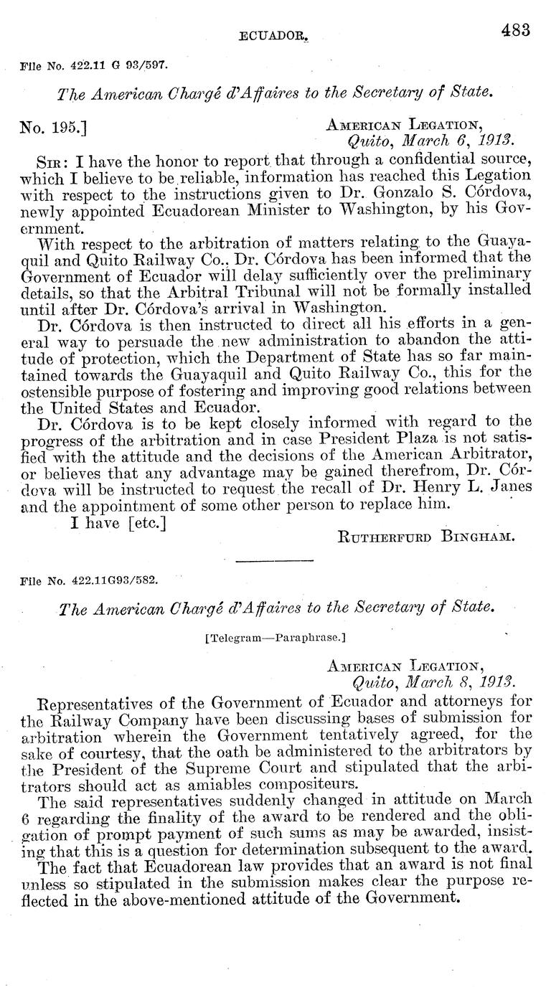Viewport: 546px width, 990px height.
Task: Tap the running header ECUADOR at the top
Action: tap(268, 33)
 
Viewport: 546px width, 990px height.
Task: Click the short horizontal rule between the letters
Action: tap(273, 560)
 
